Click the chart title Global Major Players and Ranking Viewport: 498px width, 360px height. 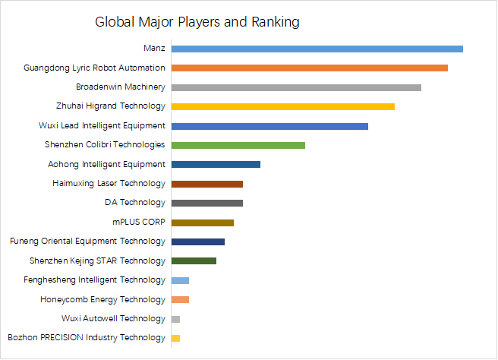[197, 22]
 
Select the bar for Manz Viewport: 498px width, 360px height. [317, 49]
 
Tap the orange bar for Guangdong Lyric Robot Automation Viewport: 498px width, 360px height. [309, 68]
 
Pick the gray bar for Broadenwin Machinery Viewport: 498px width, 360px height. [296, 87]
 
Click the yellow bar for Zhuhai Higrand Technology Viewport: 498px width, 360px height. [282, 106]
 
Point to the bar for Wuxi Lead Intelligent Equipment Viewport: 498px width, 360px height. [269, 126]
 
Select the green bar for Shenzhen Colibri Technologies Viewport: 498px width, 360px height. [238, 145]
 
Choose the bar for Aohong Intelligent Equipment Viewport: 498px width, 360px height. [216, 164]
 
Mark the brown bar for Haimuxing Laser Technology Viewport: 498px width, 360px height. [206, 184]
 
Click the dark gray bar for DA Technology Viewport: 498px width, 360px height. [206, 203]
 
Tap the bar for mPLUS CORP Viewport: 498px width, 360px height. [202, 223]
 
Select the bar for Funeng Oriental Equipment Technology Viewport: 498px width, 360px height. [197, 242]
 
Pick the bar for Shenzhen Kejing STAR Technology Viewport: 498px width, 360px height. [194, 261]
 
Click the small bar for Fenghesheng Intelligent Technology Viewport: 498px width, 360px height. [180, 280]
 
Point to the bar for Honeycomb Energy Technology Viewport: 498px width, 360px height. [180, 300]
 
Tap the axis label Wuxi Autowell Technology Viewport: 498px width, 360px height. [113, 318]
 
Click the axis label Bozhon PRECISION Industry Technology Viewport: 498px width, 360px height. [86, 337]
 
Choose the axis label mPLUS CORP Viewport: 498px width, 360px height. [138, 222]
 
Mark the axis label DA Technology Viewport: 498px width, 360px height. [134, 203]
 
